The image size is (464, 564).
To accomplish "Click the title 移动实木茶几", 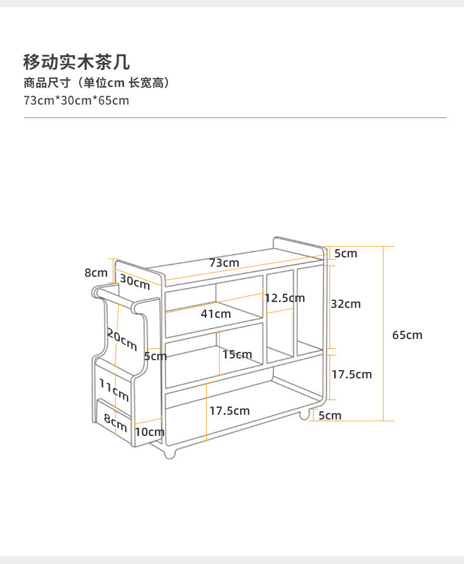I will (76, 62).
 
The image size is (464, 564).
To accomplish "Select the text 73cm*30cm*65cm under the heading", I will (76, 100).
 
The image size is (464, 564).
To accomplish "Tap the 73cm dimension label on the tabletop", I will (224, 263).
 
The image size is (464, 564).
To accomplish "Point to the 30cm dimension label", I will (135, 282).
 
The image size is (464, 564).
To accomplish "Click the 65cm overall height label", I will (407, 335).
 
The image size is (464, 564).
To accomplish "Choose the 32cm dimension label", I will (345, 304).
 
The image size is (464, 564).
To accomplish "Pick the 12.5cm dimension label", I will (285, 298).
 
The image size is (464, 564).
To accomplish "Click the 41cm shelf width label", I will (216, 314).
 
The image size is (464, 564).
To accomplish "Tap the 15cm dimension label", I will (237, 354).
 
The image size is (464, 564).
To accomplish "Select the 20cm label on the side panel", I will (122, 339).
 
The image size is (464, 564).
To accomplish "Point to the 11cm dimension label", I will (113, 390).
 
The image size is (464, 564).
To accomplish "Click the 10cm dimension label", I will (149, 432).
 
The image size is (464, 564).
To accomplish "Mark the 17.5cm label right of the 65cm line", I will (351, 374).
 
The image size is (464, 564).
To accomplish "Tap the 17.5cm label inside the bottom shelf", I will (230, 411).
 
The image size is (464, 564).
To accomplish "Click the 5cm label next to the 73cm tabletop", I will (345, 253).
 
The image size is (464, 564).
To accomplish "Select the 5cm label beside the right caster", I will (329, 415).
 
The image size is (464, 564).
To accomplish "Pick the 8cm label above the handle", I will (96, 273).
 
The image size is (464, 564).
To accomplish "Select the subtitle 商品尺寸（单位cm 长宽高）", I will (97, 83).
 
